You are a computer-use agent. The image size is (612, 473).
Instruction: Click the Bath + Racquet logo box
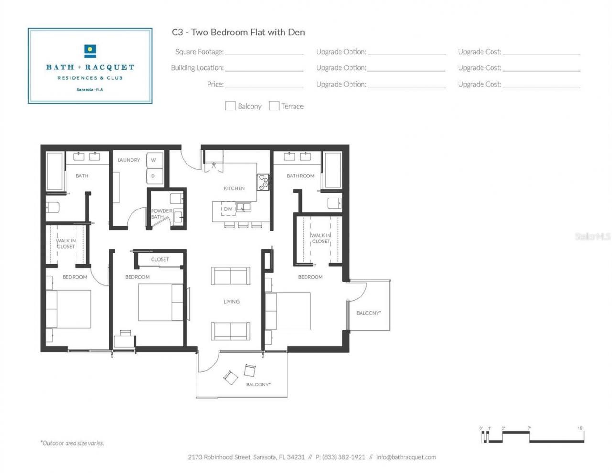point(90,66)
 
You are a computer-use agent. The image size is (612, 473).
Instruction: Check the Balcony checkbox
point(230,106)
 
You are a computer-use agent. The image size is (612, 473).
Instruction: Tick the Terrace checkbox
point(274,106)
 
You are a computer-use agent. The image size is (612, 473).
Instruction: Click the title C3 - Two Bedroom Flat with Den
point(238,32)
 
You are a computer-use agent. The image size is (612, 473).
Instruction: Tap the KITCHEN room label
point(234,188)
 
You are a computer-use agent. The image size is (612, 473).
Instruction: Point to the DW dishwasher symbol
point(228,209)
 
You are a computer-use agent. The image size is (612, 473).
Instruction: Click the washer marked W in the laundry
point(153,160)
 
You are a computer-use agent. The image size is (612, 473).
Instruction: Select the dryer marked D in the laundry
point(153,176)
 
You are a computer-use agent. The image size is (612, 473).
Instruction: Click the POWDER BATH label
point(161,214)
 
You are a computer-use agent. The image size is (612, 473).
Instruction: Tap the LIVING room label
point(231,302)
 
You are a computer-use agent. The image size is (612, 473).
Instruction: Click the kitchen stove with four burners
point(263,182)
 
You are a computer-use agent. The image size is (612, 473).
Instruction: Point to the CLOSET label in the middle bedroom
point(160,259)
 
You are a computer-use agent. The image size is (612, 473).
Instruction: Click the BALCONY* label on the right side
point(368,313)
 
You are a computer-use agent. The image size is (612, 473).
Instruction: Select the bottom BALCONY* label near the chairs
point(258,385)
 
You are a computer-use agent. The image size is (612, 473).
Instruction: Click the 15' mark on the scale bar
point(580,429)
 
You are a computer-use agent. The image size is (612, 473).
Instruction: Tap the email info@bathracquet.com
point(406,457)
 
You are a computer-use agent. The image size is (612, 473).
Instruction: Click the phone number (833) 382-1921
point(343,457)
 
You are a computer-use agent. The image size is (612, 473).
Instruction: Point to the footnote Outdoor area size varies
point(72,443)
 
